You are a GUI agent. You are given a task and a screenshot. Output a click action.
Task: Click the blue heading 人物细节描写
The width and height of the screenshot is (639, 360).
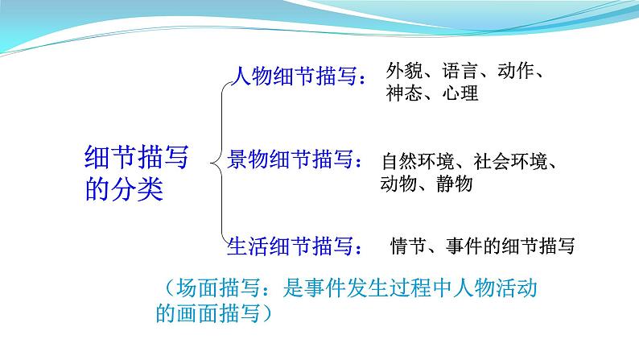pyautogui.click(x=294, y=76)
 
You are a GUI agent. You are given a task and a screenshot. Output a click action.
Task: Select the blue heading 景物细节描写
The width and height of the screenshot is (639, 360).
pyautogui.click(x=291, y=159)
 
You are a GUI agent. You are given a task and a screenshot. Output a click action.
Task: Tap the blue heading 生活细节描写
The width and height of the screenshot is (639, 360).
pyautogui.click(x=291, y=246)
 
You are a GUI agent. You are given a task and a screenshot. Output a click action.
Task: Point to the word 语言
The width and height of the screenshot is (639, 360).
pyautogui.click(x=460, y=71)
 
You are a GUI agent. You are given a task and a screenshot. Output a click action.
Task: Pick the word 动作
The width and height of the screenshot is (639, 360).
pyautogui.click(x=516, y=71)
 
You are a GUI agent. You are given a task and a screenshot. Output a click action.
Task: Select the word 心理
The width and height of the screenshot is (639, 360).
pyautogui.click(x=460, y=93)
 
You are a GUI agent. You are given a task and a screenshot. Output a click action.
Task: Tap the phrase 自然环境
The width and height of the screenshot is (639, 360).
pyautogui.click(x=418, y=161)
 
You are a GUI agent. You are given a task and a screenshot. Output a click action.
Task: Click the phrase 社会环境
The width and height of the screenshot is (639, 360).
pyautogui.click(x=510, y=161)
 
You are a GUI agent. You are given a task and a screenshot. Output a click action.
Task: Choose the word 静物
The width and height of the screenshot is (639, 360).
pyautogui.click(x=455, y=184)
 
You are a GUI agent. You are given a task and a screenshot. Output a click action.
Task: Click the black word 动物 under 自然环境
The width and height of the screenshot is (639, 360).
pyautogui.click(x=398, y=184)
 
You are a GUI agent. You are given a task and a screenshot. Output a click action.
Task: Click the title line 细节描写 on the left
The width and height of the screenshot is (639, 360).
pyautogui.click(x=137, y=157)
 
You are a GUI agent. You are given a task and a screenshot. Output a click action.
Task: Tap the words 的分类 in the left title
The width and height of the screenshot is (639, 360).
pyautogui.click(x=124, y=188)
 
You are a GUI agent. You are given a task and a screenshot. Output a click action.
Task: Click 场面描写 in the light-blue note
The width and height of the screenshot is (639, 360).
pyautogui.click(x=218, y=288)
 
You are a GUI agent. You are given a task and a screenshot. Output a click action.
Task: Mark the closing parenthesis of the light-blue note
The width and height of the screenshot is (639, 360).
pyautogui.click(x=267, y=313)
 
